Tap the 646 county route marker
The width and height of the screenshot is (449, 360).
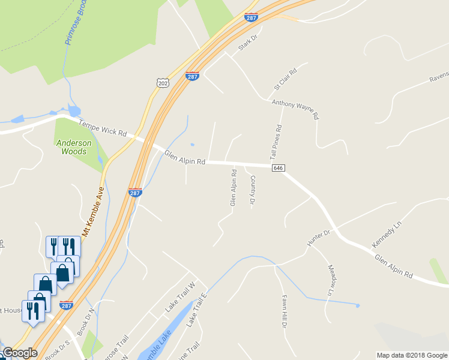(x=277, y=169)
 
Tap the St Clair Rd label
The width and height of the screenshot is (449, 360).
(x=286, y=79)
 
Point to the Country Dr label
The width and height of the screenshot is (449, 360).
(x=253, y=191)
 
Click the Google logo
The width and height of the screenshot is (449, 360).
(x=19, y=353)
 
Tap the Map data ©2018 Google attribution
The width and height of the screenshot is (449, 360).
(x=412, y=355)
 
